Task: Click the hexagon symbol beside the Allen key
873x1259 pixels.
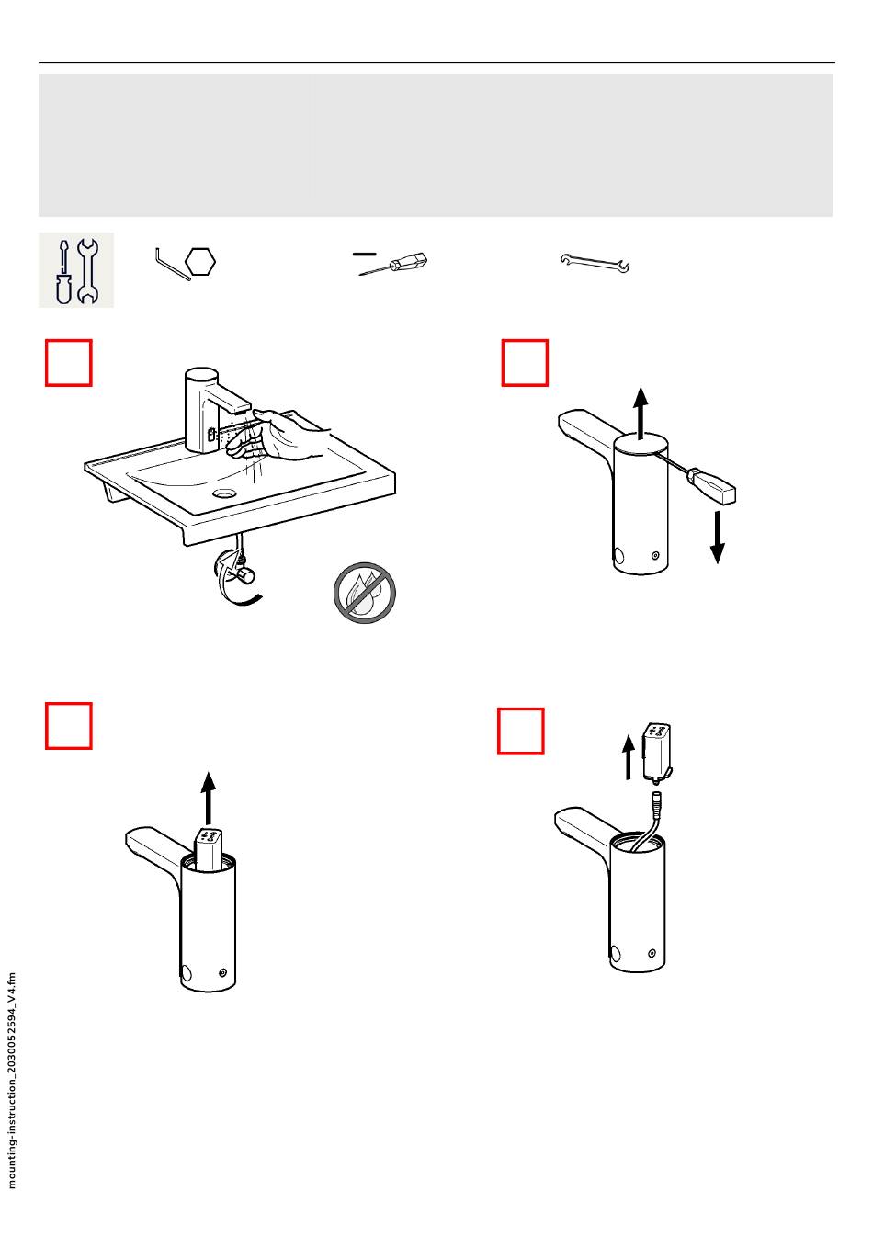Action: [200, 262]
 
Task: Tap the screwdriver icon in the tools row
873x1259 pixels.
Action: [393, 264]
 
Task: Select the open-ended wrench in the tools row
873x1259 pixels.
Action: [595, 263]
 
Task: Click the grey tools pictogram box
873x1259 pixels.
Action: [76, 270]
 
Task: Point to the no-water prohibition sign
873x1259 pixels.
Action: [364, 593]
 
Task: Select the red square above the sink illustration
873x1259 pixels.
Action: [69, 363]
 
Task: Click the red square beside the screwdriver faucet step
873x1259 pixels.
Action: [525, 363]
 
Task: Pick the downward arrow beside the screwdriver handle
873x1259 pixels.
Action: [718, 537]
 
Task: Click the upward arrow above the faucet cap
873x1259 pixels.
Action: [641, 413]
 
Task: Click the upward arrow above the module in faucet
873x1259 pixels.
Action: [209, 798]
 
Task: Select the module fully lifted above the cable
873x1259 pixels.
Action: [657, 752]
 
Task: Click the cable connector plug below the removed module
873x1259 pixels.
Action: [655, 801]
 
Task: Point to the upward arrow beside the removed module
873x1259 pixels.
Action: [629, 758]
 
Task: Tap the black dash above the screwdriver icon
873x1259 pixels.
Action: [364, 254]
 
